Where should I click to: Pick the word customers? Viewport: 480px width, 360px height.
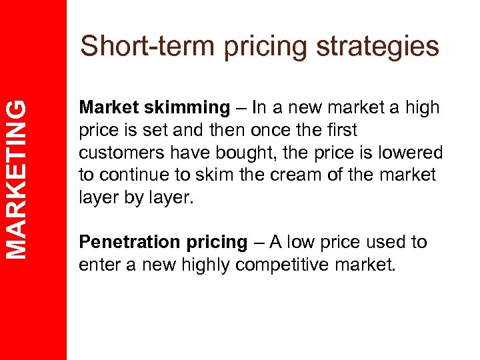[118, 153]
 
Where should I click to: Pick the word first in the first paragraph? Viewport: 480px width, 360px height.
[342, 131]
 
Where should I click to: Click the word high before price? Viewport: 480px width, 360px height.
[421, 108]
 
